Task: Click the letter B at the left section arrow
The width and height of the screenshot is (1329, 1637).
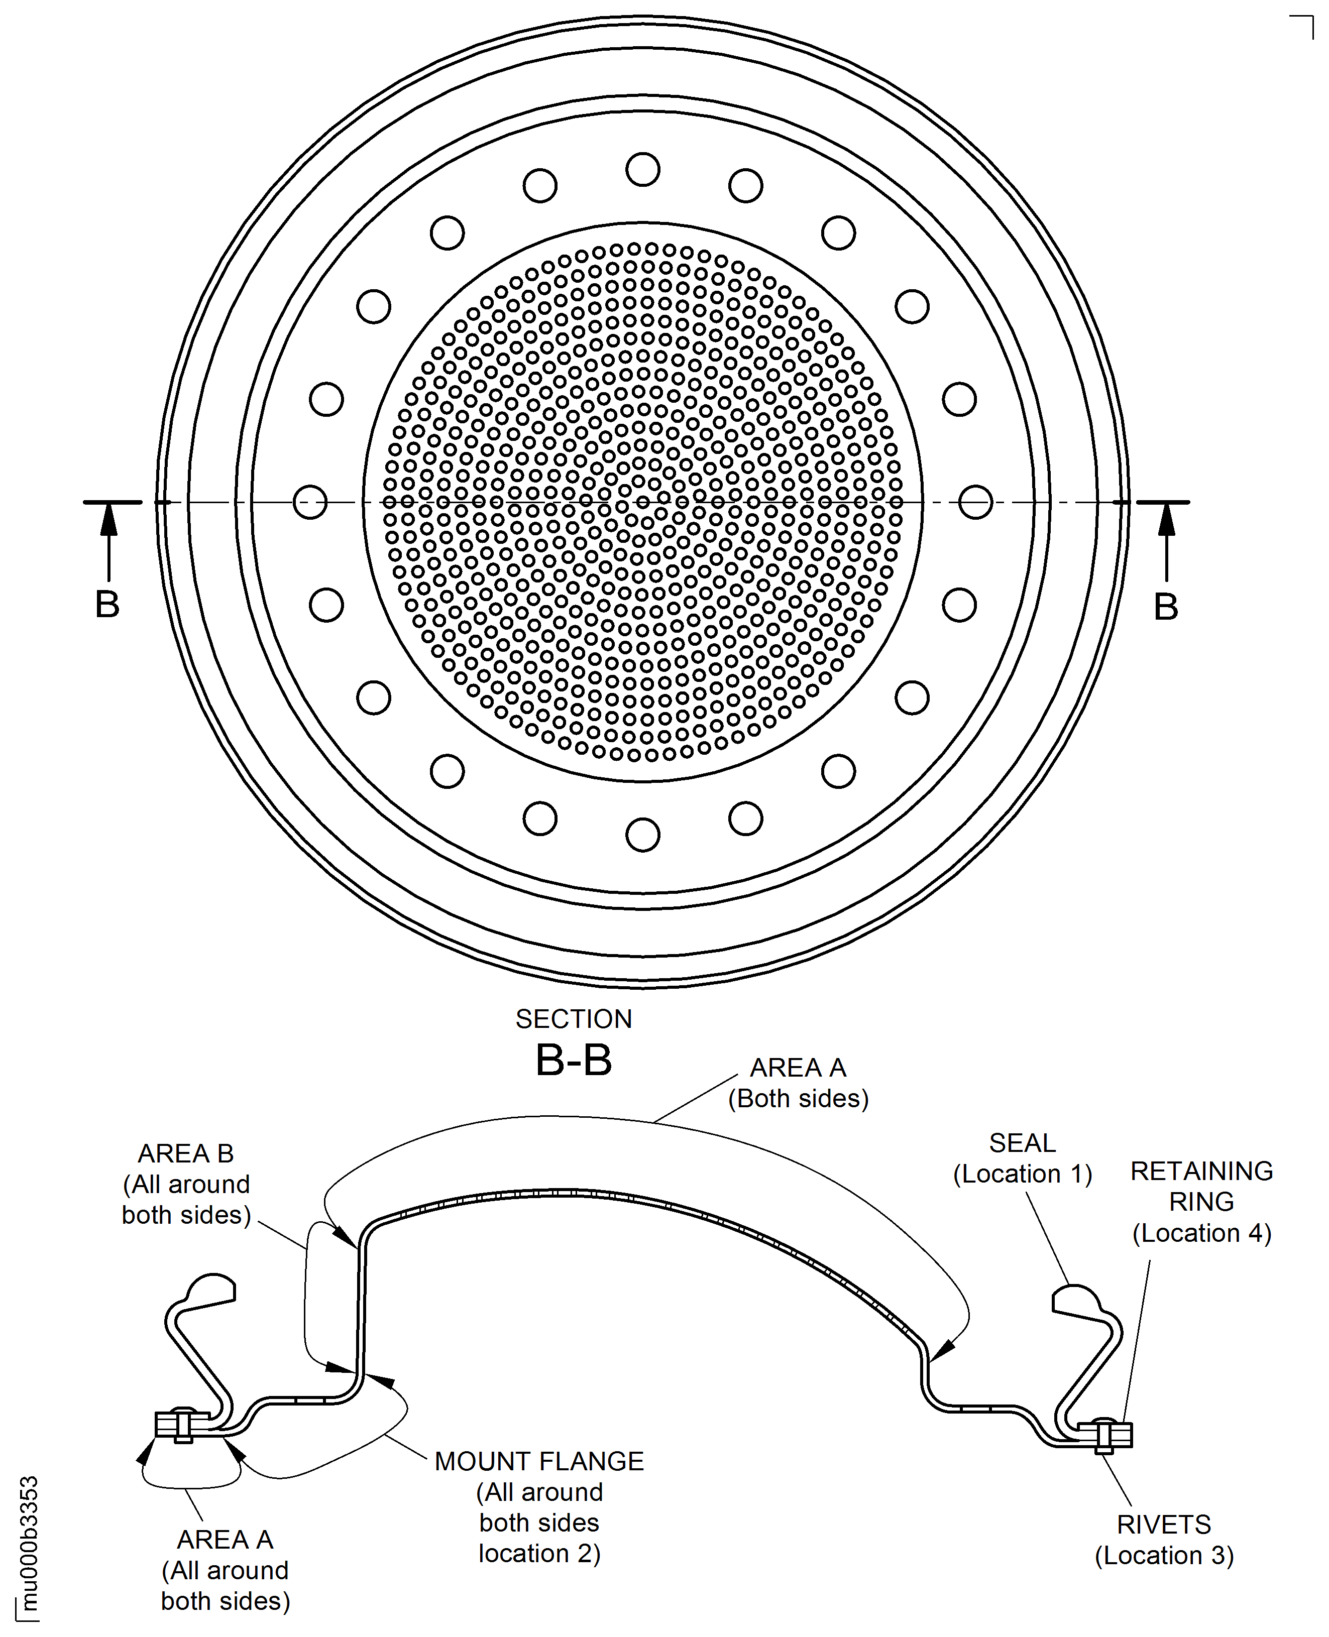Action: [107, 605]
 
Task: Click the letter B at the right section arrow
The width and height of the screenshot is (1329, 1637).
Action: [1165, 607]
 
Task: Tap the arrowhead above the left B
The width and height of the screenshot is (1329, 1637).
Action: [109, 519]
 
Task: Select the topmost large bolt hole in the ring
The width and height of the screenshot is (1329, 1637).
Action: [642, 169]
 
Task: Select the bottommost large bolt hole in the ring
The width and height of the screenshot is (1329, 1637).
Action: [642, 834]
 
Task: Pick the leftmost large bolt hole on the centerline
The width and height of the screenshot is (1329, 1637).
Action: [310, 502]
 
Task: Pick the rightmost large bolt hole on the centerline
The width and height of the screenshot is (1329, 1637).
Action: [975, 502]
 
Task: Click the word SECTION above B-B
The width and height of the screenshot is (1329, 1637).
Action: [574, 1019]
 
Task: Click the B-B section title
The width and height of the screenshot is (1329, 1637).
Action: [574, 1060]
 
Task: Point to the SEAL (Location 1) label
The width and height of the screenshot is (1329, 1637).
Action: [1022, 1158]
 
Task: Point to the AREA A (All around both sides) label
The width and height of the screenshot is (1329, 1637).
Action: [225, 1570]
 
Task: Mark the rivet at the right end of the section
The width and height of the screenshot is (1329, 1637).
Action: [1104, 1436]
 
